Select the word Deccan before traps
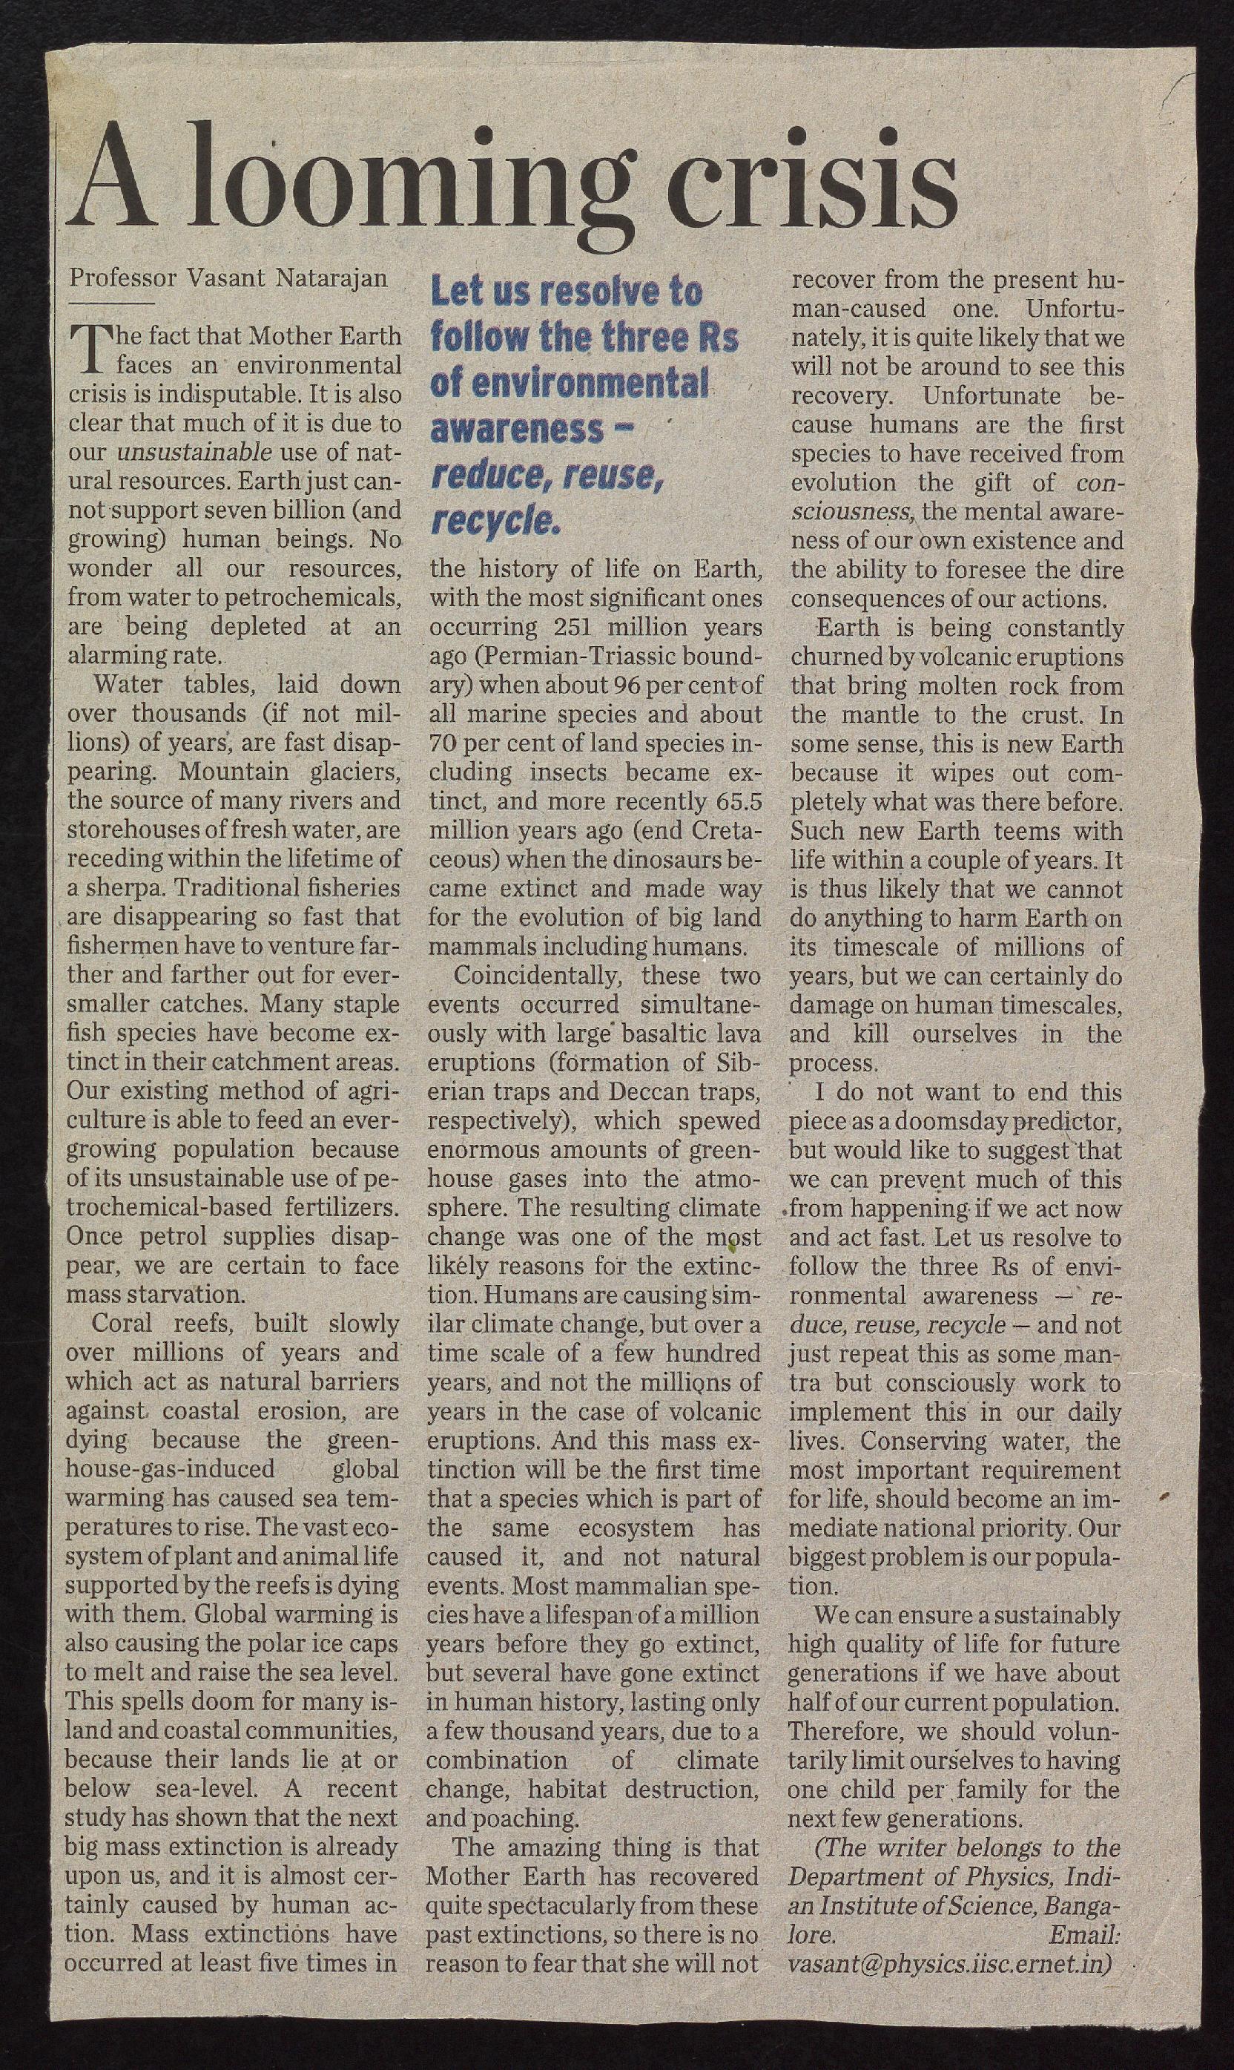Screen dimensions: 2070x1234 tap(656, 1091)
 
